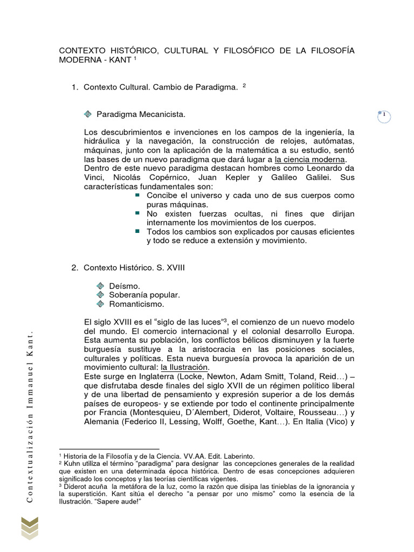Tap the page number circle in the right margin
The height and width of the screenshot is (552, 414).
pos(384,116)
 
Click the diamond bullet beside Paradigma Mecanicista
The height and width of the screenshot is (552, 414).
pos(89,114)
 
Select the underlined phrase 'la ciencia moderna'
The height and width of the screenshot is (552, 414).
pos(309,160)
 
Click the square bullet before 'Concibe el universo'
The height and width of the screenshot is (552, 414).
pos(137,195)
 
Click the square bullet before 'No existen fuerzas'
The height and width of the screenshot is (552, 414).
pos(137,213)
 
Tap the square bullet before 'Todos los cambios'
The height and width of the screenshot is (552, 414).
pos(137,231)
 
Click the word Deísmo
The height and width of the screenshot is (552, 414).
pos(125,286)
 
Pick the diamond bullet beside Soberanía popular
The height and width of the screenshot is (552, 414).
pos(99,295)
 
